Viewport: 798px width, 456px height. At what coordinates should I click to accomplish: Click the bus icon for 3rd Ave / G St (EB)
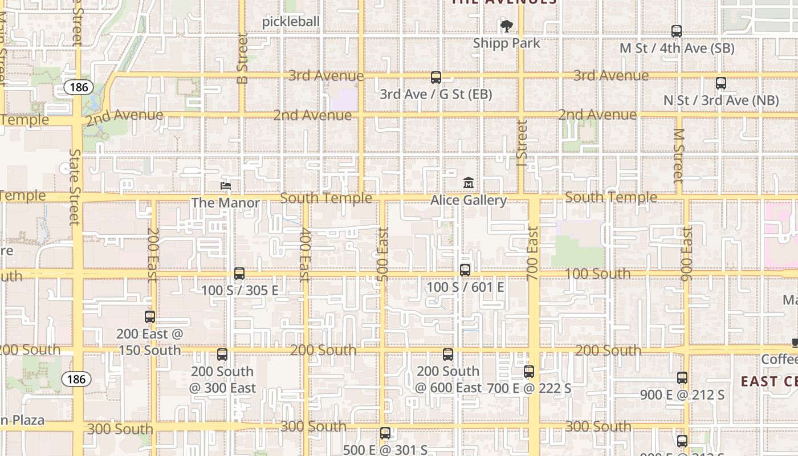(436, 78)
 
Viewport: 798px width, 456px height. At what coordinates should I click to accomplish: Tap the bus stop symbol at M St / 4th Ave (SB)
(677, 31)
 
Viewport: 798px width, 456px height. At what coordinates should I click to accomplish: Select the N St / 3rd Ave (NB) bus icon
(721, 83)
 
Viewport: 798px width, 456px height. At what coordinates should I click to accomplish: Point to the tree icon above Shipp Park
(506, 26)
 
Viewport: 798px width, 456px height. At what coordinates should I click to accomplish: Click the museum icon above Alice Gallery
(469, 183)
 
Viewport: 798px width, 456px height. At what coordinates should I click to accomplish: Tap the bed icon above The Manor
(226, 185)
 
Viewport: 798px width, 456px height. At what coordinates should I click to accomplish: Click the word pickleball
(291, 22)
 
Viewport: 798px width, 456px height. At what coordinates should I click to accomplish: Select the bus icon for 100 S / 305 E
(239, 274)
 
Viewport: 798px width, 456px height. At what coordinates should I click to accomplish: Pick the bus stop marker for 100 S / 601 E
(465, 270)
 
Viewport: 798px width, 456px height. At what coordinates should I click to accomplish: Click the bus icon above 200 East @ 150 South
(150, 317)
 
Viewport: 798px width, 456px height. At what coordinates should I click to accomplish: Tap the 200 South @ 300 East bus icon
(222, 355)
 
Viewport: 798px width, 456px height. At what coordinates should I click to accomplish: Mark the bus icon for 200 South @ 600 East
(448, 355)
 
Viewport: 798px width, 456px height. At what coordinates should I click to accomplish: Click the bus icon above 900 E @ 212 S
(682, 378)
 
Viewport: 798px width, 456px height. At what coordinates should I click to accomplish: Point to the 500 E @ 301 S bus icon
(385, 433)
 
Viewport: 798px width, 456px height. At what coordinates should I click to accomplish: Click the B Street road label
(243, 59)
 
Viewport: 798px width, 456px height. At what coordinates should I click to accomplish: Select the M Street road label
(678, 155)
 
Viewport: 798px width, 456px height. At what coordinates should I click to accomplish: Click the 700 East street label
(532, 254)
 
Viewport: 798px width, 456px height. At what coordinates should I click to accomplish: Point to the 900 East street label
(687, 254)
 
